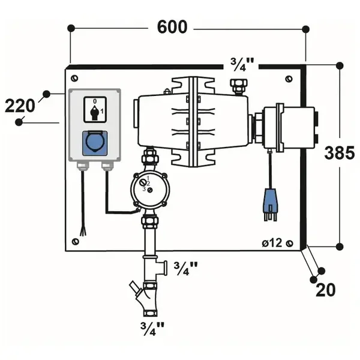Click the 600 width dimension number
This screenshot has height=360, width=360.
[172, 27]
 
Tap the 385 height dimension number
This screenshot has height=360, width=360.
[340, 153]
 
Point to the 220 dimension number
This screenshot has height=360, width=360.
[20, 106]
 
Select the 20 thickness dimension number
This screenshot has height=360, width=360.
[326, 290]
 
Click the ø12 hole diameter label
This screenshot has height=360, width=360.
[272, 242]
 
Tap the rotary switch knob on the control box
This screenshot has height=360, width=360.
[95, 112]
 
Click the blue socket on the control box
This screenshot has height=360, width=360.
[95, 143]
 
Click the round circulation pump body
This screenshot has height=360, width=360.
[149, 190]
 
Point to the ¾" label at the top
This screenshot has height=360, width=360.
[242, 65]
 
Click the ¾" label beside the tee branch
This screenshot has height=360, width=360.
[185, 269]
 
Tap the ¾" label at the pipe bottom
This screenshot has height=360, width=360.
[152, 329]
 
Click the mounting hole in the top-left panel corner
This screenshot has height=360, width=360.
[74, 78]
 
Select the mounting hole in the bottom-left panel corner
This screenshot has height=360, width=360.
[76, 242]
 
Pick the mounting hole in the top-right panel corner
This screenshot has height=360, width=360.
[289, 79]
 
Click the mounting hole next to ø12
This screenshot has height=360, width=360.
[290, 243]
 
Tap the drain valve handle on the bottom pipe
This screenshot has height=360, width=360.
[134, 287]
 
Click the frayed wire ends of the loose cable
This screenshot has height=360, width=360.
[83, 231]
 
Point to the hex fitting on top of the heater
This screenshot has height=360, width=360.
[239, 86]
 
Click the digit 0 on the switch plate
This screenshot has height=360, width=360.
[95, 101]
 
